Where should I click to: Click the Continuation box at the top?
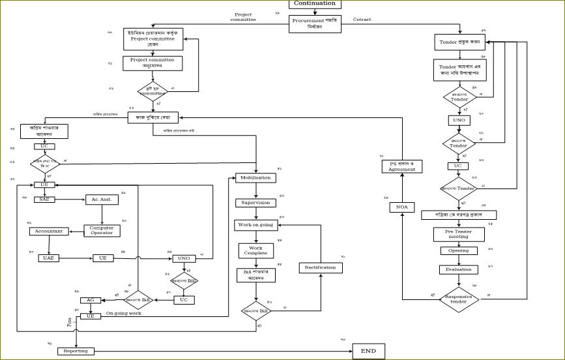(x=314, y=4)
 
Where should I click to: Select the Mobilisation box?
(x=255, y=177)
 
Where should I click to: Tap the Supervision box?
(x=255, y=203)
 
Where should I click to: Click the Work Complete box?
(x=255, y=250)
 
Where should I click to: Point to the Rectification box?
(x=320, y=267)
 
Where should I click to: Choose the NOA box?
(x=401, y=207)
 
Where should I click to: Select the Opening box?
(x=458, y=251)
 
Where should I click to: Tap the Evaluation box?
(x=458, y=269)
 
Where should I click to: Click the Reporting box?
(x=76, y=351)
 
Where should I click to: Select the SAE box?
(x=44, y=200)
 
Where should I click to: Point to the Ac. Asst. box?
(x=102, y=200)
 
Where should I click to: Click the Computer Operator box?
(x=102, y=231)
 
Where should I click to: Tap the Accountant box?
(x=49, y=232)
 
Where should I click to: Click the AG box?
(x=90, y=300)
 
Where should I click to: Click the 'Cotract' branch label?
(x=362, y=20)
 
